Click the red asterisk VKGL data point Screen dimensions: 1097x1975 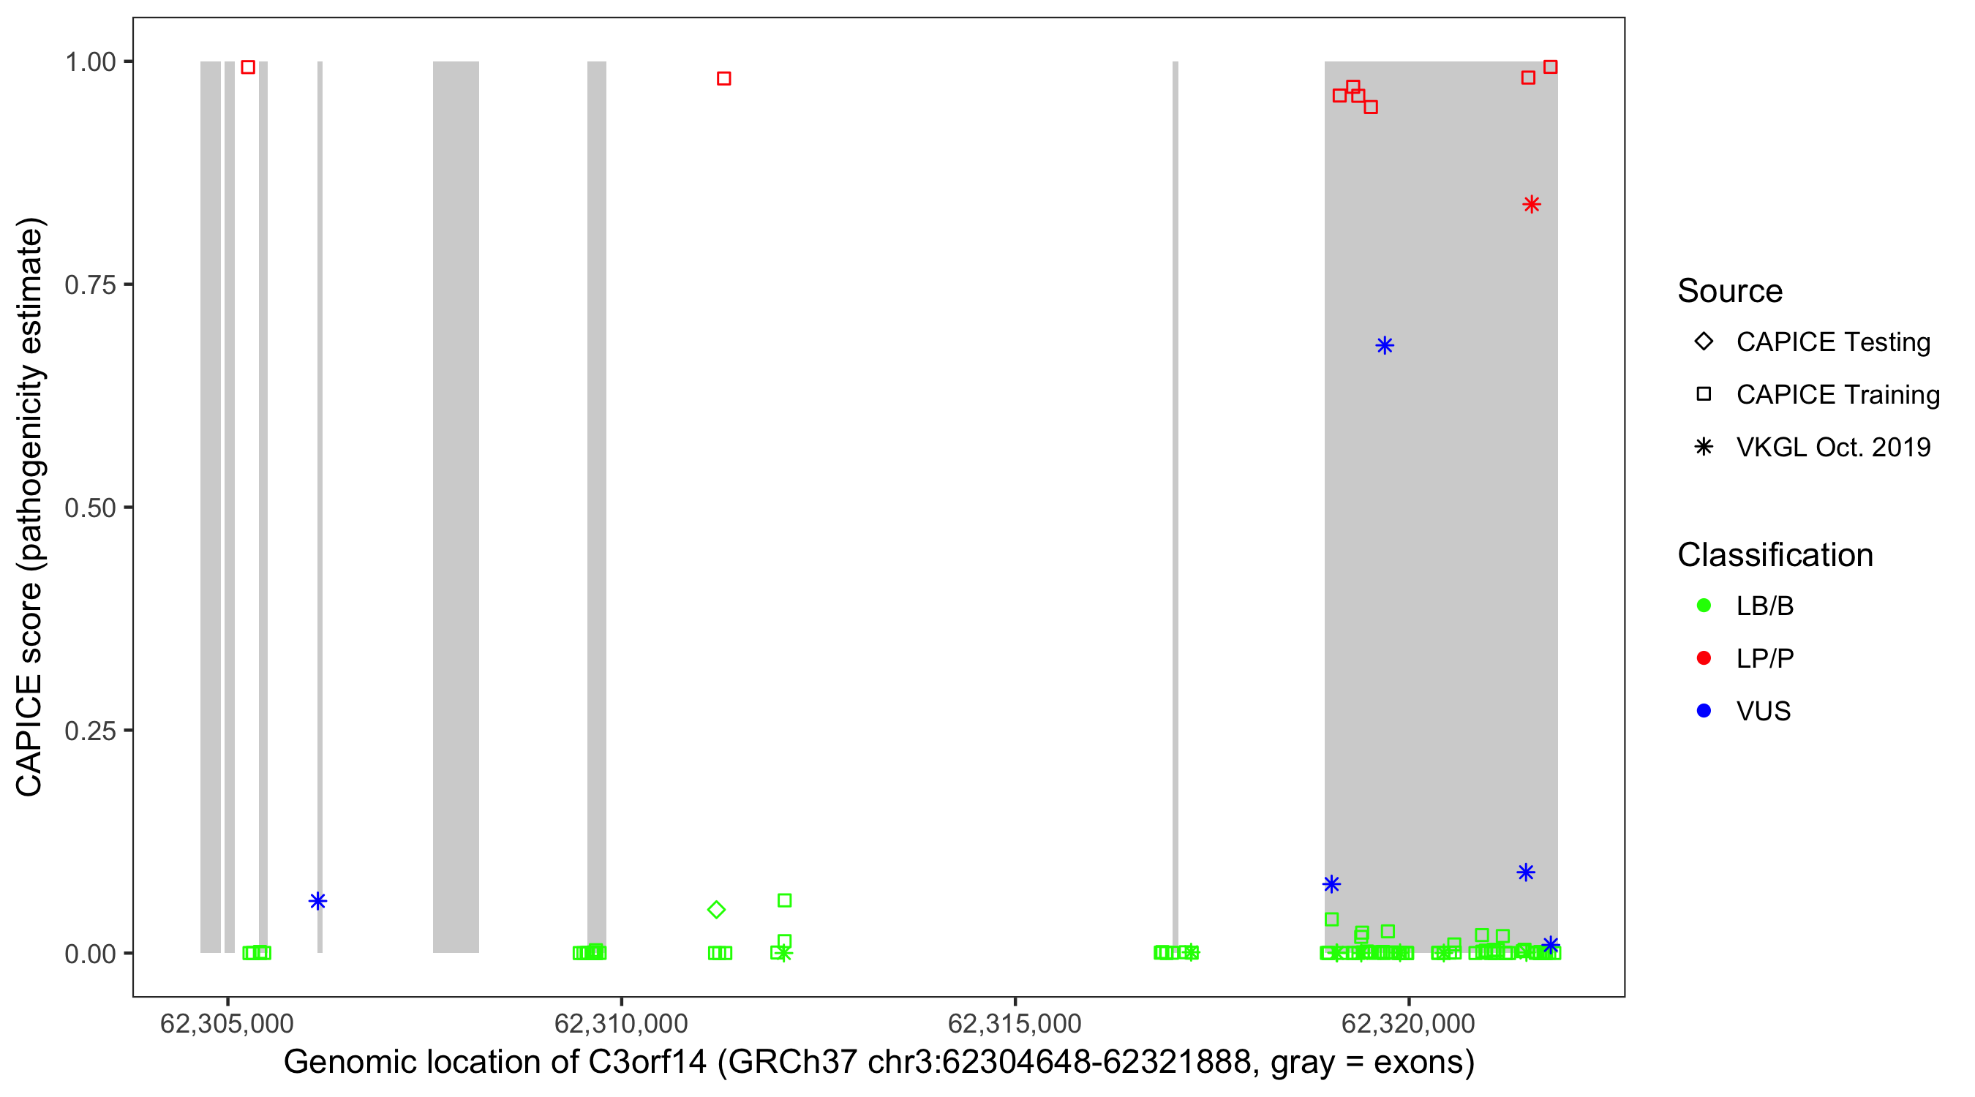coord(1531,204)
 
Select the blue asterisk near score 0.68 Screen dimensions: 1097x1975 coord(1384,345)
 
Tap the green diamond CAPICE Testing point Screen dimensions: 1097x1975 coord(716,909)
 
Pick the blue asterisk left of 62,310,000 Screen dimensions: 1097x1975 coord(317,901)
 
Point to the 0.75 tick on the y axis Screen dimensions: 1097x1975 coord(129,284)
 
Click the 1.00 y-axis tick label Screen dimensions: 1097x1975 coord(90,61)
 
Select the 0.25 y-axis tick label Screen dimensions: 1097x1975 coord(90,730)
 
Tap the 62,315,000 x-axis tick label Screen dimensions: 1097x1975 coord(1015,1022)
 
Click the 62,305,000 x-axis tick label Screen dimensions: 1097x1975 coord(227,1022)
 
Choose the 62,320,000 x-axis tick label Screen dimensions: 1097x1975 coord(1408,1022)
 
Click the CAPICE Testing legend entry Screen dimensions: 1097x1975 coord(1832,342)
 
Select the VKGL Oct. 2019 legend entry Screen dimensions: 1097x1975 coord(1832,447)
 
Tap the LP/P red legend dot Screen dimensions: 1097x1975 coord(1704,657)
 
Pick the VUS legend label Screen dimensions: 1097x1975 coord(1763,711)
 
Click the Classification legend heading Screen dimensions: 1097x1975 coord(1775,554)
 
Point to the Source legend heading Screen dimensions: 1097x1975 coord(1730,290)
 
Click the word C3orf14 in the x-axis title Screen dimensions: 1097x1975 coord(647,1062)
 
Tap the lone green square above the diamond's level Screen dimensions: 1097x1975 coord(784,900)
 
